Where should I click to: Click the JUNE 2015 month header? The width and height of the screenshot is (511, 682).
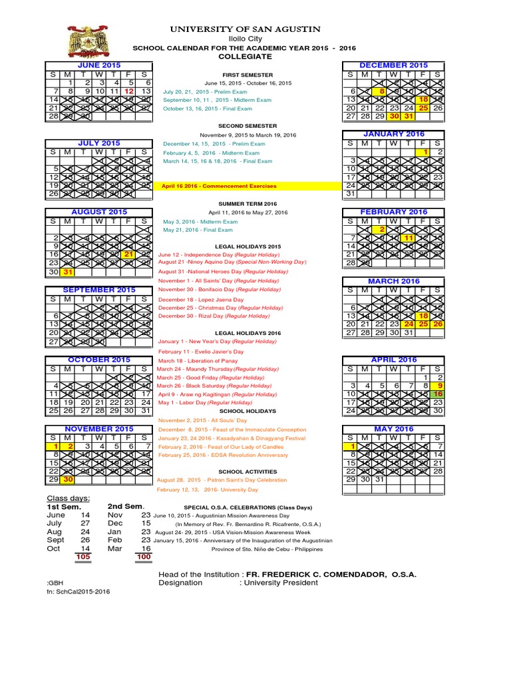98,65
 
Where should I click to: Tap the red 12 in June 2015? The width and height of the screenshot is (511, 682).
129,91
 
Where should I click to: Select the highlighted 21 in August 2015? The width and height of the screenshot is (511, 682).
129,254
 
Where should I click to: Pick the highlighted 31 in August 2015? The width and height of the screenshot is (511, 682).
67,272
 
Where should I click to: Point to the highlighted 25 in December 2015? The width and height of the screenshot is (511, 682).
424,108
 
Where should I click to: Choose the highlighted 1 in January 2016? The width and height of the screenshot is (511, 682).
424,152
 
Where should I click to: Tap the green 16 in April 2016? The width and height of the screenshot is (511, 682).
438,394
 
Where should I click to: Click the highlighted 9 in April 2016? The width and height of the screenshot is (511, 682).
438,386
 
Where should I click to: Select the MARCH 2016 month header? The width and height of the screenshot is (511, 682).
394,282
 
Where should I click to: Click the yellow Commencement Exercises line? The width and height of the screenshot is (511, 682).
220,186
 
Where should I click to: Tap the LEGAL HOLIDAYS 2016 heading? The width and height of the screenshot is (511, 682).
248,333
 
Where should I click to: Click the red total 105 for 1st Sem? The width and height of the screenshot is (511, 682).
83,556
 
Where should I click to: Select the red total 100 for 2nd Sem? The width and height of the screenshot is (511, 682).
144,556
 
